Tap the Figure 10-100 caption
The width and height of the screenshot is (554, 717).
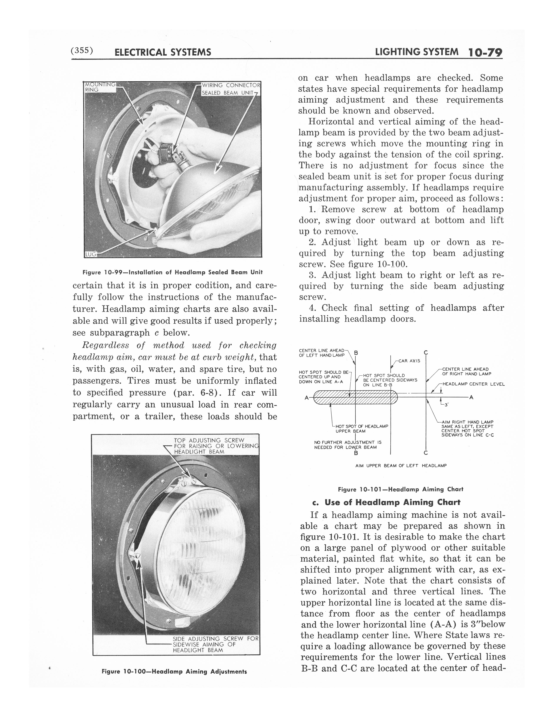[174, 671]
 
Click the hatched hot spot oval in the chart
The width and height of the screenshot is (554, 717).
[356, 398]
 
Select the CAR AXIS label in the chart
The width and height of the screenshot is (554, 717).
[410, 361]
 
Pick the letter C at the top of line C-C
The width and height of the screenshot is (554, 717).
[426, 353]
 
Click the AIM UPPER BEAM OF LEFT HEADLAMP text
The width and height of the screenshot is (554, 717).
[401, 465]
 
